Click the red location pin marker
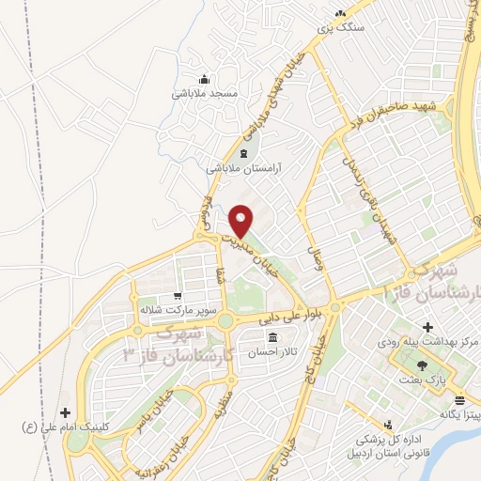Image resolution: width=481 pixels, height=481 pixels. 241,220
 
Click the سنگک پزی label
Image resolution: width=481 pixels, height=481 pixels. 338,29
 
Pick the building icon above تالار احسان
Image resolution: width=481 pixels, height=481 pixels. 272,337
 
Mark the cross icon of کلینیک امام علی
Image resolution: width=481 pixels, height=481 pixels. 64,412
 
